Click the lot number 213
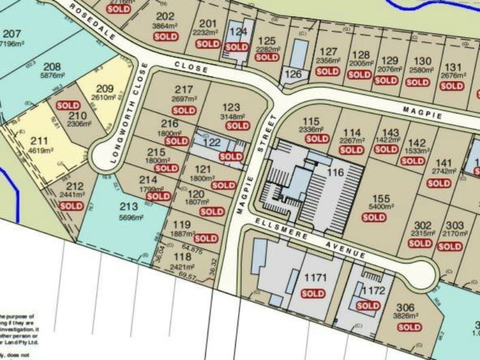coord(133,208)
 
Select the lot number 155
coord(382,198)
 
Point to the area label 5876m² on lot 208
coord(53,76)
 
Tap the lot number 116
coord(335,173)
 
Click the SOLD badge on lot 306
coord(409,327)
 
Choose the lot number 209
coord(104,88)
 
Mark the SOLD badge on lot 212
coord(71,206)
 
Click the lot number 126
coord(293,74)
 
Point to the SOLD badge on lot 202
coord(165,37)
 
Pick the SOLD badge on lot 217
coord(184,110)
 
